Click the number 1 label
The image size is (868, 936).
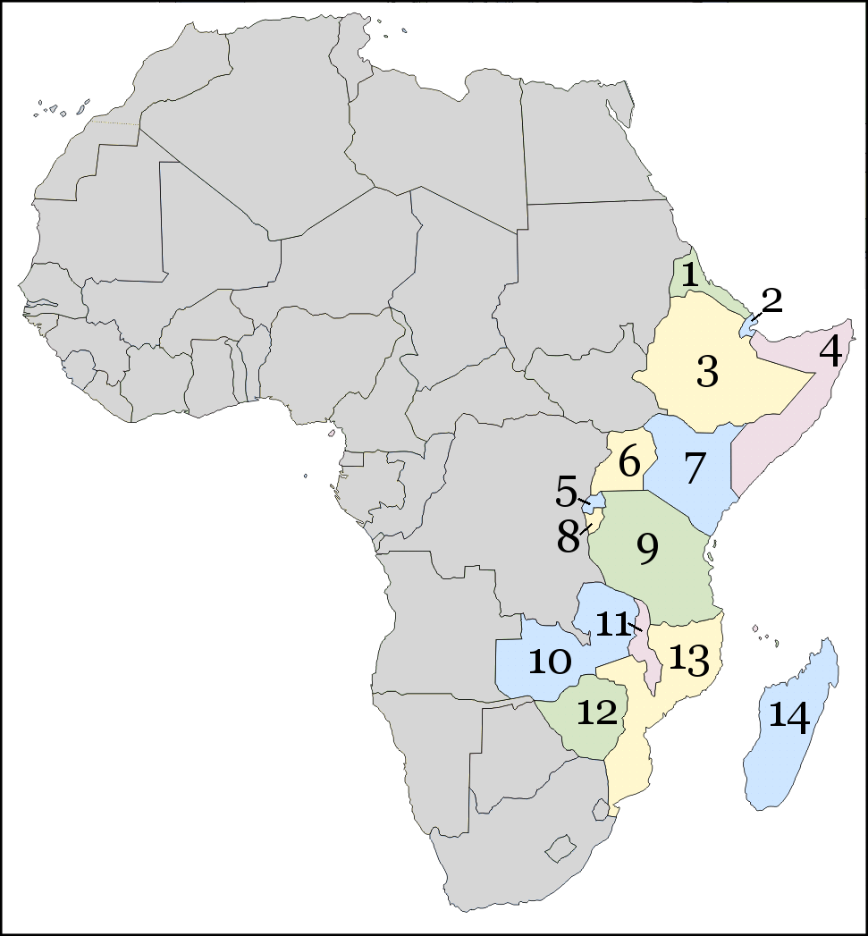(689, 274)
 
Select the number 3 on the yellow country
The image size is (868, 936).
(707, 372)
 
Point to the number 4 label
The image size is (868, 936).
(830, 352)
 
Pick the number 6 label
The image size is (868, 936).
(629, 463)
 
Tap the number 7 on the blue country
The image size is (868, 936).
(695, 468)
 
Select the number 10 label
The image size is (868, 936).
(549, 662)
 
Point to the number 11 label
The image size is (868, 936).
(613, 624)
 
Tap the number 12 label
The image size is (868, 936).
(597, 713)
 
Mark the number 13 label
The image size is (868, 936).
(690, 660)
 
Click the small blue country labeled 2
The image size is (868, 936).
(747, 328)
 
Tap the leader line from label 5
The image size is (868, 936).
(584, 501)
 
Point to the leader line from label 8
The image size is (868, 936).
(586, 527)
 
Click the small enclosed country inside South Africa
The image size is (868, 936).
(560, 846)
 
